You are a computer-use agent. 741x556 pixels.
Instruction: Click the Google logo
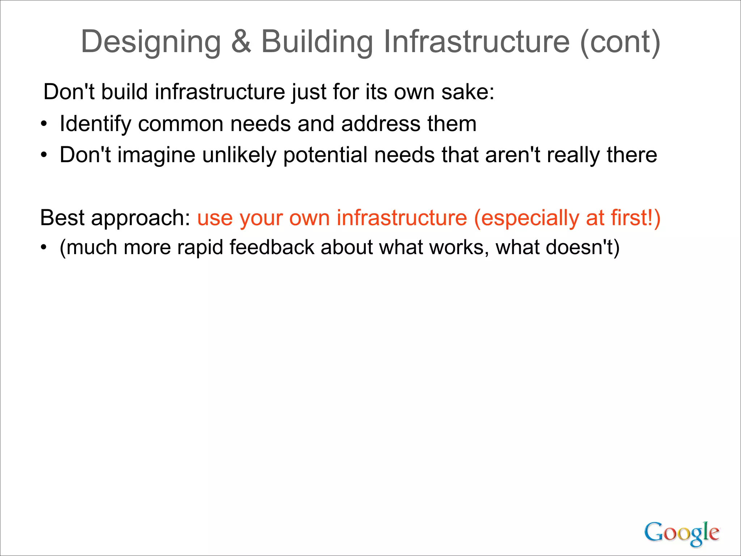[682, 533]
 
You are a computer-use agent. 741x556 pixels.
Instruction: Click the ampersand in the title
[241, 42]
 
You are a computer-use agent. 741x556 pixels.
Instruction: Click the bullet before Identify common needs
[44, 124]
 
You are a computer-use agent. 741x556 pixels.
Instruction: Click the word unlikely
[239, 155]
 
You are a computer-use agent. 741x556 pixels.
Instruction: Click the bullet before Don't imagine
[44, 155]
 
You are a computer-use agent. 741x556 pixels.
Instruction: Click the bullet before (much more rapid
[44, 248]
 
